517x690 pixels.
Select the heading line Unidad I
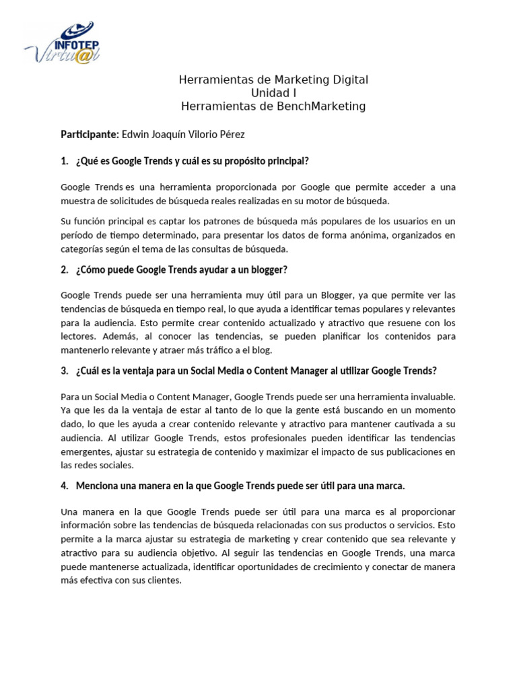[273, 93]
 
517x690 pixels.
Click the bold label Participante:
[90, 135]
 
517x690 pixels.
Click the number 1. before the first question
[65, 161]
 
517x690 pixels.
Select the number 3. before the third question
[65, 371]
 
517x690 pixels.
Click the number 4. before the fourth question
[65, 486]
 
